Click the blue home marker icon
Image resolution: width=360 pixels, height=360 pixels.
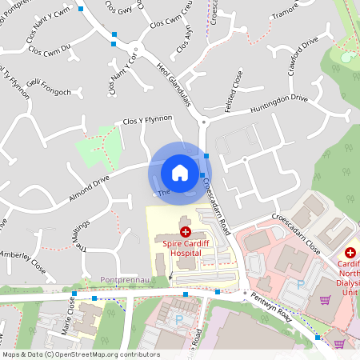[180, 172]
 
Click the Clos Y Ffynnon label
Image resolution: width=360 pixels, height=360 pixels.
[147, 119]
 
